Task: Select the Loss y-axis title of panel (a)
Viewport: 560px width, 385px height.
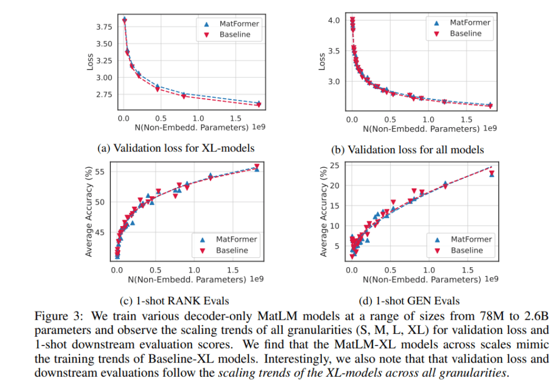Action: (x=90, y=62)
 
